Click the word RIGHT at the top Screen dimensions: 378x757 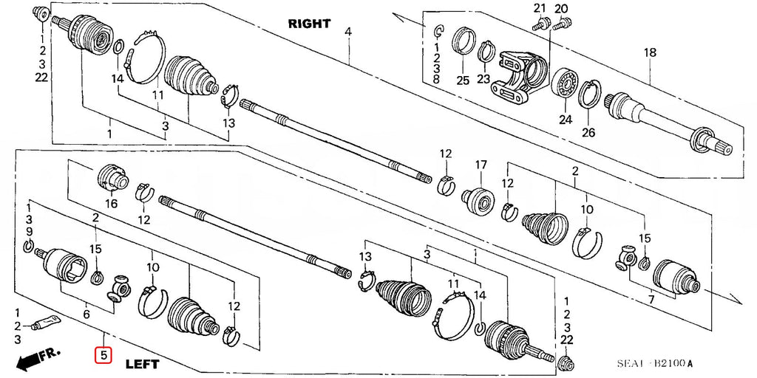[x=309, y=24]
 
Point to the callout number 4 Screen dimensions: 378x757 [x=347, y=32]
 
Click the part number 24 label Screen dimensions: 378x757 [x=566, y=120]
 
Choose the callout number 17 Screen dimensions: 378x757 [x=481, y=164]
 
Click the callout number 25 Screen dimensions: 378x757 [x=463, y=80]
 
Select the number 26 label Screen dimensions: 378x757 [x=588, y=133]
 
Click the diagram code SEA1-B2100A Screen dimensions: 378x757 [x=655, y=363]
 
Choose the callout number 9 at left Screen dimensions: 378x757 [x=30, y=233]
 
